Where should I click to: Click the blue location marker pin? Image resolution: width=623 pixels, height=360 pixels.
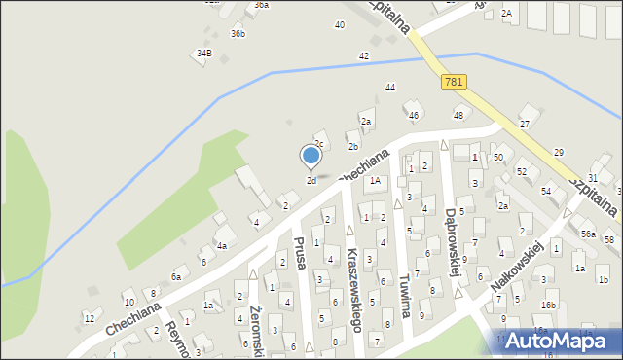311,156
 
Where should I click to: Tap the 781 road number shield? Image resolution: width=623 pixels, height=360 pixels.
452,83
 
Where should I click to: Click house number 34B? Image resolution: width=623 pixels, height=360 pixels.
203,53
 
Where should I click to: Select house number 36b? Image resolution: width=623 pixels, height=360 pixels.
238,34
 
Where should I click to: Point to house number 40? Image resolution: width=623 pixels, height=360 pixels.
339,24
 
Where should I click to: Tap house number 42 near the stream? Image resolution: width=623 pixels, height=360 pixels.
364,56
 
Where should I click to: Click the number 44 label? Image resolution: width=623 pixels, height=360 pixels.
389,88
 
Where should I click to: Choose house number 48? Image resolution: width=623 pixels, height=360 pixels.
458,116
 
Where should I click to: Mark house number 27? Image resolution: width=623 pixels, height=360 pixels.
524,125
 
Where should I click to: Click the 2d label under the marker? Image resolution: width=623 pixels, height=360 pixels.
311,181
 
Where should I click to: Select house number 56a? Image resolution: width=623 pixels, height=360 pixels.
588,234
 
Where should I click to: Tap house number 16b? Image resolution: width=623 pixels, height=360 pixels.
548,305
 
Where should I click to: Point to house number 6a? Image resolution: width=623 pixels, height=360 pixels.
176,277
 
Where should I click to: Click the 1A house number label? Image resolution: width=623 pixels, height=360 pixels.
374,181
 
